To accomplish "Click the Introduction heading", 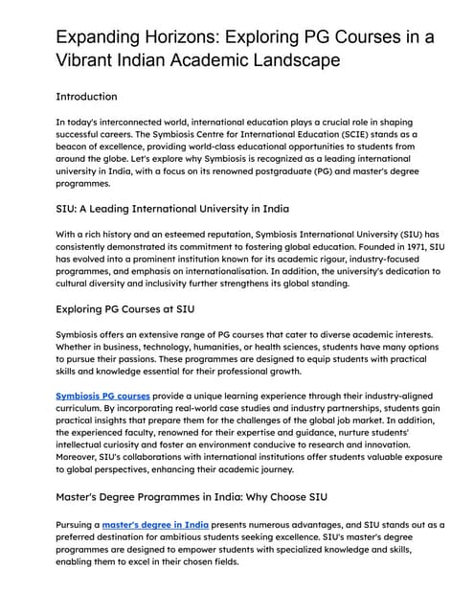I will (86, 97).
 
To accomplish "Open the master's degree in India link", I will (155, 524).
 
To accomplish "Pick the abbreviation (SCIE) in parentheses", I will (347, 135).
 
